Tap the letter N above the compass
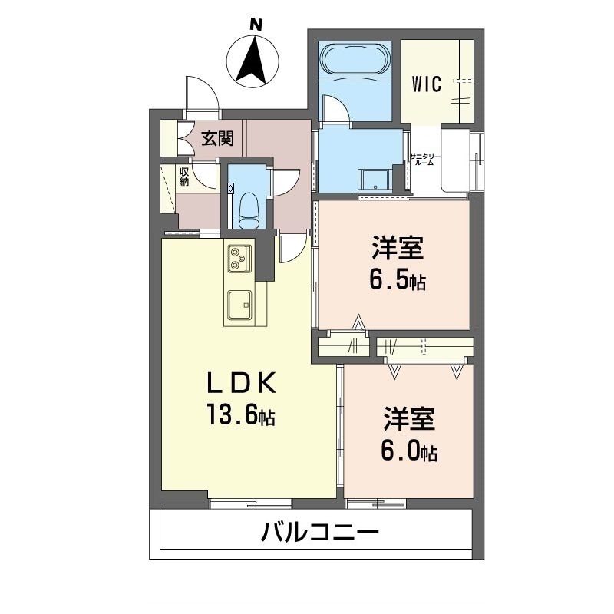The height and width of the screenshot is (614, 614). pos(256,25)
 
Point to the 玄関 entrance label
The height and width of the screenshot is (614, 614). pos(217,139)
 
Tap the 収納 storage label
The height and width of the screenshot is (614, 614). pos(184,177)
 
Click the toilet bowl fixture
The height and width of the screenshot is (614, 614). pos(248,209)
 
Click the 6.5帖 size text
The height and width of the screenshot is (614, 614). pos(397,281)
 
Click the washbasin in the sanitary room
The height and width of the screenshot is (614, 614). pos(375,179)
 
